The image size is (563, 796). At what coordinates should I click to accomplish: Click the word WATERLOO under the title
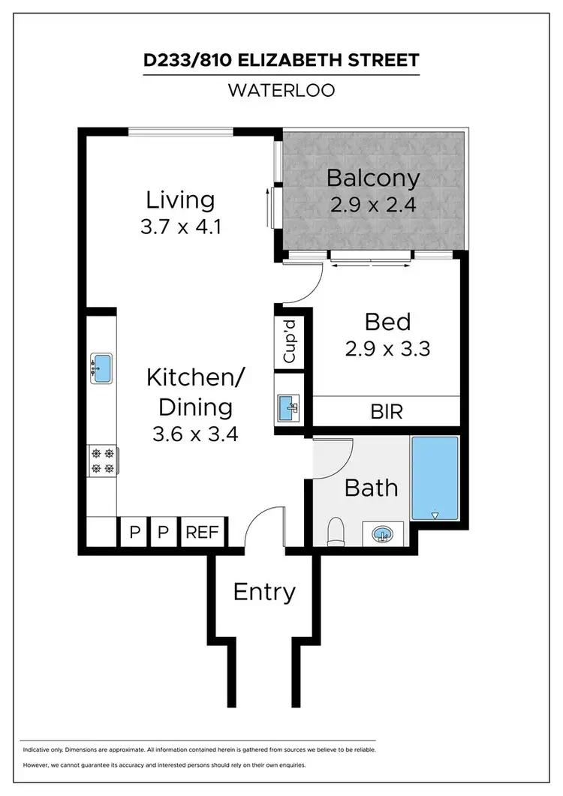(281, 90)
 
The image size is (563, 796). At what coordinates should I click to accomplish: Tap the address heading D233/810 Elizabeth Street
(281, 60)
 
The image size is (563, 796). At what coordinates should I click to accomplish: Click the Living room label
(180, 200)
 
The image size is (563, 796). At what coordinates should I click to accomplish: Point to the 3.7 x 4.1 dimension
(180, 227)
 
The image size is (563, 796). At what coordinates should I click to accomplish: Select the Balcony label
(373, 179)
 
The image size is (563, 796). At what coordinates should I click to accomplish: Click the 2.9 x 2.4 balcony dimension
(373, 204)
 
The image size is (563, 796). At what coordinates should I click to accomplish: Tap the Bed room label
(387, 322)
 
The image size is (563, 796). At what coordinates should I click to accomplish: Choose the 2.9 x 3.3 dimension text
(387, 349)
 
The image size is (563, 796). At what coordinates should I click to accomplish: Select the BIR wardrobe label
(387, 411)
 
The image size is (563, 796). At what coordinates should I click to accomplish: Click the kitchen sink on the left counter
(101, 368)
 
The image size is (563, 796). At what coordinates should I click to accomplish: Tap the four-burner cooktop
(102, 461)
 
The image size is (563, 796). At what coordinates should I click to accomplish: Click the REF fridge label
(202, 533)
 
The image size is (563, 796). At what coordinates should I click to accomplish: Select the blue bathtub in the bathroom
(435, 478)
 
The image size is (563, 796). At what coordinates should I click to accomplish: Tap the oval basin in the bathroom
(383, 534)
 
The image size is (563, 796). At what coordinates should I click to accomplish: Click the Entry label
(264, 592)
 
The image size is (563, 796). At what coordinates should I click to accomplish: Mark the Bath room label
(371, 488)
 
